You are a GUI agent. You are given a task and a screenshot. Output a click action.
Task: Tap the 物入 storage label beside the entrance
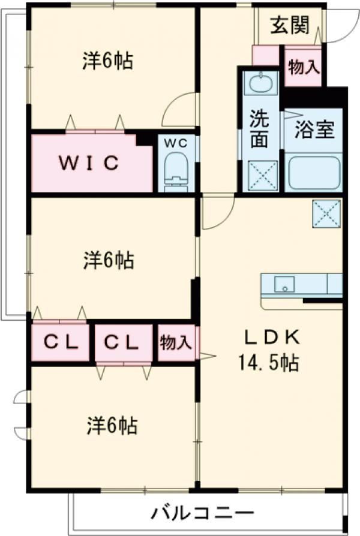coord(303,67)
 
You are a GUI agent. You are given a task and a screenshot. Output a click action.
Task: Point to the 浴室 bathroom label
coord(314,130)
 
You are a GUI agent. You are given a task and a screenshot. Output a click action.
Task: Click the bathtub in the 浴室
coord(314,173)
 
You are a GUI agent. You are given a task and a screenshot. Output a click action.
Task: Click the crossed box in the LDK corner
coord(326,213)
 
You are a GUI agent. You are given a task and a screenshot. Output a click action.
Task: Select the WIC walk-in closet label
coord(90,163)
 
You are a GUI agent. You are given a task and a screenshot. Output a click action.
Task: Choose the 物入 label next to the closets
coord(176,342)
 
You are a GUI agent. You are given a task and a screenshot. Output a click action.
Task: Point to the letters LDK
coord(270,338)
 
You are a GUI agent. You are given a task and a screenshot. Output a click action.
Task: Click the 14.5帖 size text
coord(270,363)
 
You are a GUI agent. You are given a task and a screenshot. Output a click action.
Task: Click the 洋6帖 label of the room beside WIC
coord(108,61)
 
